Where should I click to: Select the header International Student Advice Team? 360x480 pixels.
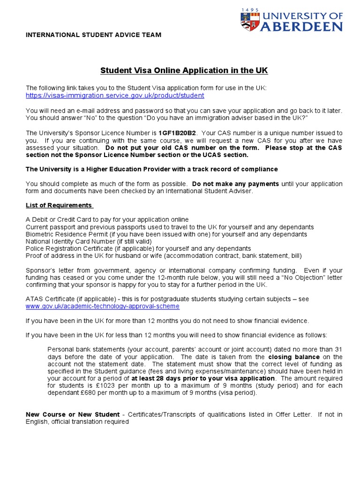[x=93, y=35]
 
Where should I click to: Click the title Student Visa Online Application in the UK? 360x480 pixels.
[x=184, y=71]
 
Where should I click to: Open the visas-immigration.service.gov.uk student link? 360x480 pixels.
[x=115, y=95]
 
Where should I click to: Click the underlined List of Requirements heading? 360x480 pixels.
[x=60, y=205]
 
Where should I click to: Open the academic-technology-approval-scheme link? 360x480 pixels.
[x=102, y=306]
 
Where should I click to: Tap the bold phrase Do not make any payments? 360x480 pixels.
[x=235, y=184]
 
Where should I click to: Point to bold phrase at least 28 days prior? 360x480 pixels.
[x=202, y=378]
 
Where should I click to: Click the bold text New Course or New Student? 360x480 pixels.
[x=73, y=414]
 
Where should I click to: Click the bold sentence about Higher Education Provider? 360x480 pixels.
[x=151, y=169]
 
